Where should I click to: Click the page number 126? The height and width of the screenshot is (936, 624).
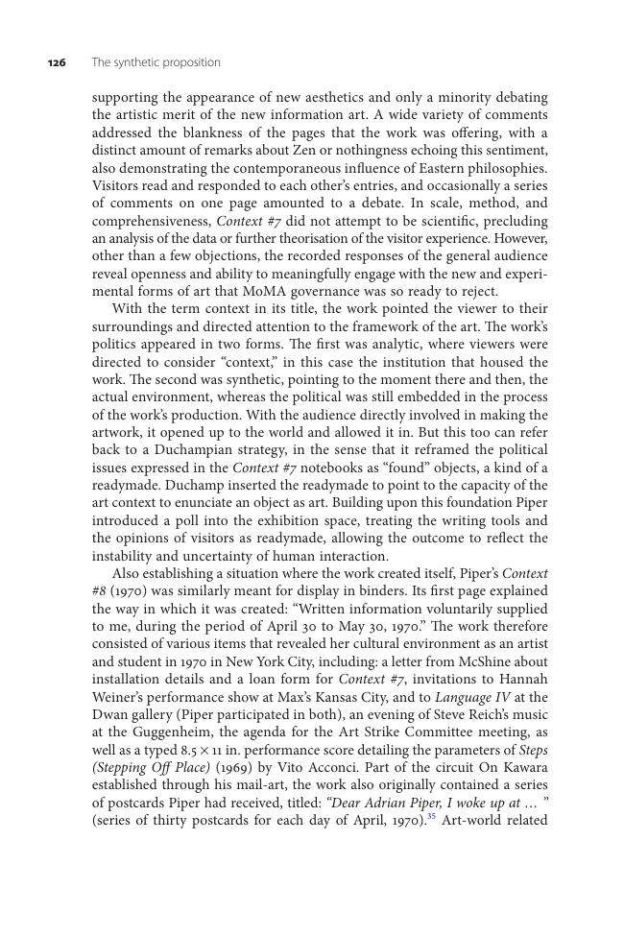pos(57,62)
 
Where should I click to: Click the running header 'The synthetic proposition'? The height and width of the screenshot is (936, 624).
pos(156,62)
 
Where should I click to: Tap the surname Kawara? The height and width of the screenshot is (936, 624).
pos(521,767)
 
